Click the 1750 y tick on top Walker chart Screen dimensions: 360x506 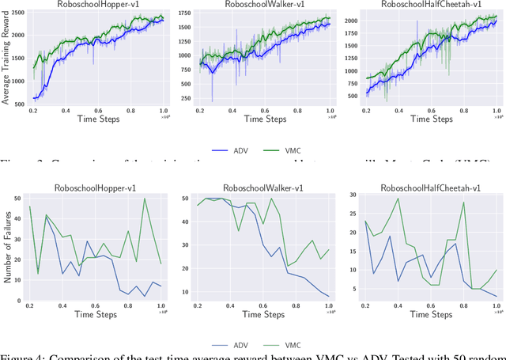185,13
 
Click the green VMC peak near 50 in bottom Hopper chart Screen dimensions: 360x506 144,199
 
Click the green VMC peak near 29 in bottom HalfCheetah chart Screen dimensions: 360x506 397,199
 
